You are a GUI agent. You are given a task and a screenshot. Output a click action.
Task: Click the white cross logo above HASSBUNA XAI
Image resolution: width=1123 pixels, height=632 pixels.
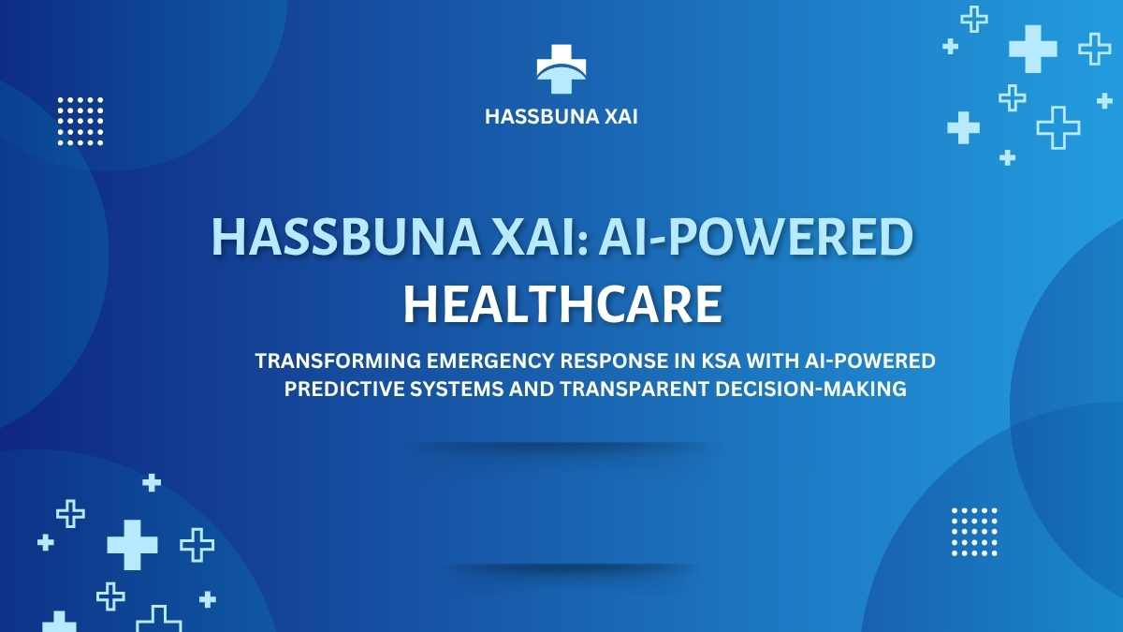tap(561, 68)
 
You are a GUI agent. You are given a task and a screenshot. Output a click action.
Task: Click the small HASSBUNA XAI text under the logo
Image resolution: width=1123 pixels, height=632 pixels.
tap(561, 117)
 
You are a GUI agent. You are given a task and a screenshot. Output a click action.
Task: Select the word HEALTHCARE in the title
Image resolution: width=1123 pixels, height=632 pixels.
tap(563, 304)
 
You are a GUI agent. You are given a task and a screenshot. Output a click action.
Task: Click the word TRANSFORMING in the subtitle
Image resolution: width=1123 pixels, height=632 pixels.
tap(338, 360)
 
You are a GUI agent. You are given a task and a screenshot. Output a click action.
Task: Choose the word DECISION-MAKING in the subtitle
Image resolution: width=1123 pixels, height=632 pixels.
tap(810, 389)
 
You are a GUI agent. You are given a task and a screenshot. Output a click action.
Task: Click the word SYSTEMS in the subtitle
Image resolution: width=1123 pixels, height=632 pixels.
tap(457, 389)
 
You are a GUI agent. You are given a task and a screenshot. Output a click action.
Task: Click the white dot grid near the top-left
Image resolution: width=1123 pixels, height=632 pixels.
tap(80, 122)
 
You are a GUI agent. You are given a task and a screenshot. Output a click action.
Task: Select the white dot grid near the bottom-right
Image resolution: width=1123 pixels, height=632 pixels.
tap(974, 532)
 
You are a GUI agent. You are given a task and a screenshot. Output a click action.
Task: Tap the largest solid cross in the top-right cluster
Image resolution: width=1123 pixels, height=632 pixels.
tap(1033, 49)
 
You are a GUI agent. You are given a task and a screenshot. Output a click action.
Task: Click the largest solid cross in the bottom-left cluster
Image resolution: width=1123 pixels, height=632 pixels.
tap(132, 545)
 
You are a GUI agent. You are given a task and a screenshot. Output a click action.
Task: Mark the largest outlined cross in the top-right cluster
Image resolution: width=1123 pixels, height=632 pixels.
tap(1058, 127)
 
